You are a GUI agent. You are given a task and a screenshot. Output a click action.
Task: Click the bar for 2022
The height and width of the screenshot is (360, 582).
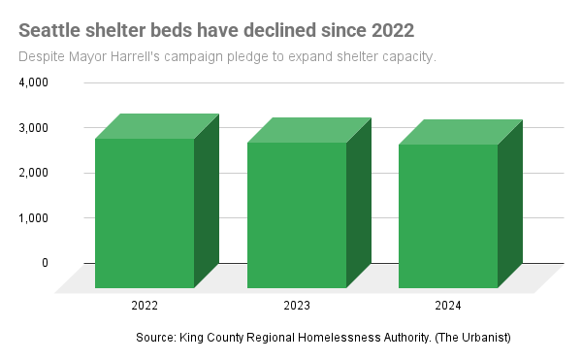point(145,213)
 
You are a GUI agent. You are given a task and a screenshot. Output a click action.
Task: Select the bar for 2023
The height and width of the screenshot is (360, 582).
point(296,214)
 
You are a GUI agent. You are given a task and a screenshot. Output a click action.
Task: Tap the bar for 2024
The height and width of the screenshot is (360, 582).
point(447,215)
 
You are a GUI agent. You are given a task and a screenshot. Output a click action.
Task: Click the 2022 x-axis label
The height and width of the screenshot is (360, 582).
point(145,305)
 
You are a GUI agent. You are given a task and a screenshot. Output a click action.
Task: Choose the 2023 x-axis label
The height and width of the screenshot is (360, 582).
point(296,305)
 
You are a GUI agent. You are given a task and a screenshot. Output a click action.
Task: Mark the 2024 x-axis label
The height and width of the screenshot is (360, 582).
point(447,305)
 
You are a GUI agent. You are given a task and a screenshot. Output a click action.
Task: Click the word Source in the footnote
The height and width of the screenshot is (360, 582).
point(155,337)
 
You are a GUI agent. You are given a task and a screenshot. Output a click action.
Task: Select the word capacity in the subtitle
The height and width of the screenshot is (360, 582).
point(409,56)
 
